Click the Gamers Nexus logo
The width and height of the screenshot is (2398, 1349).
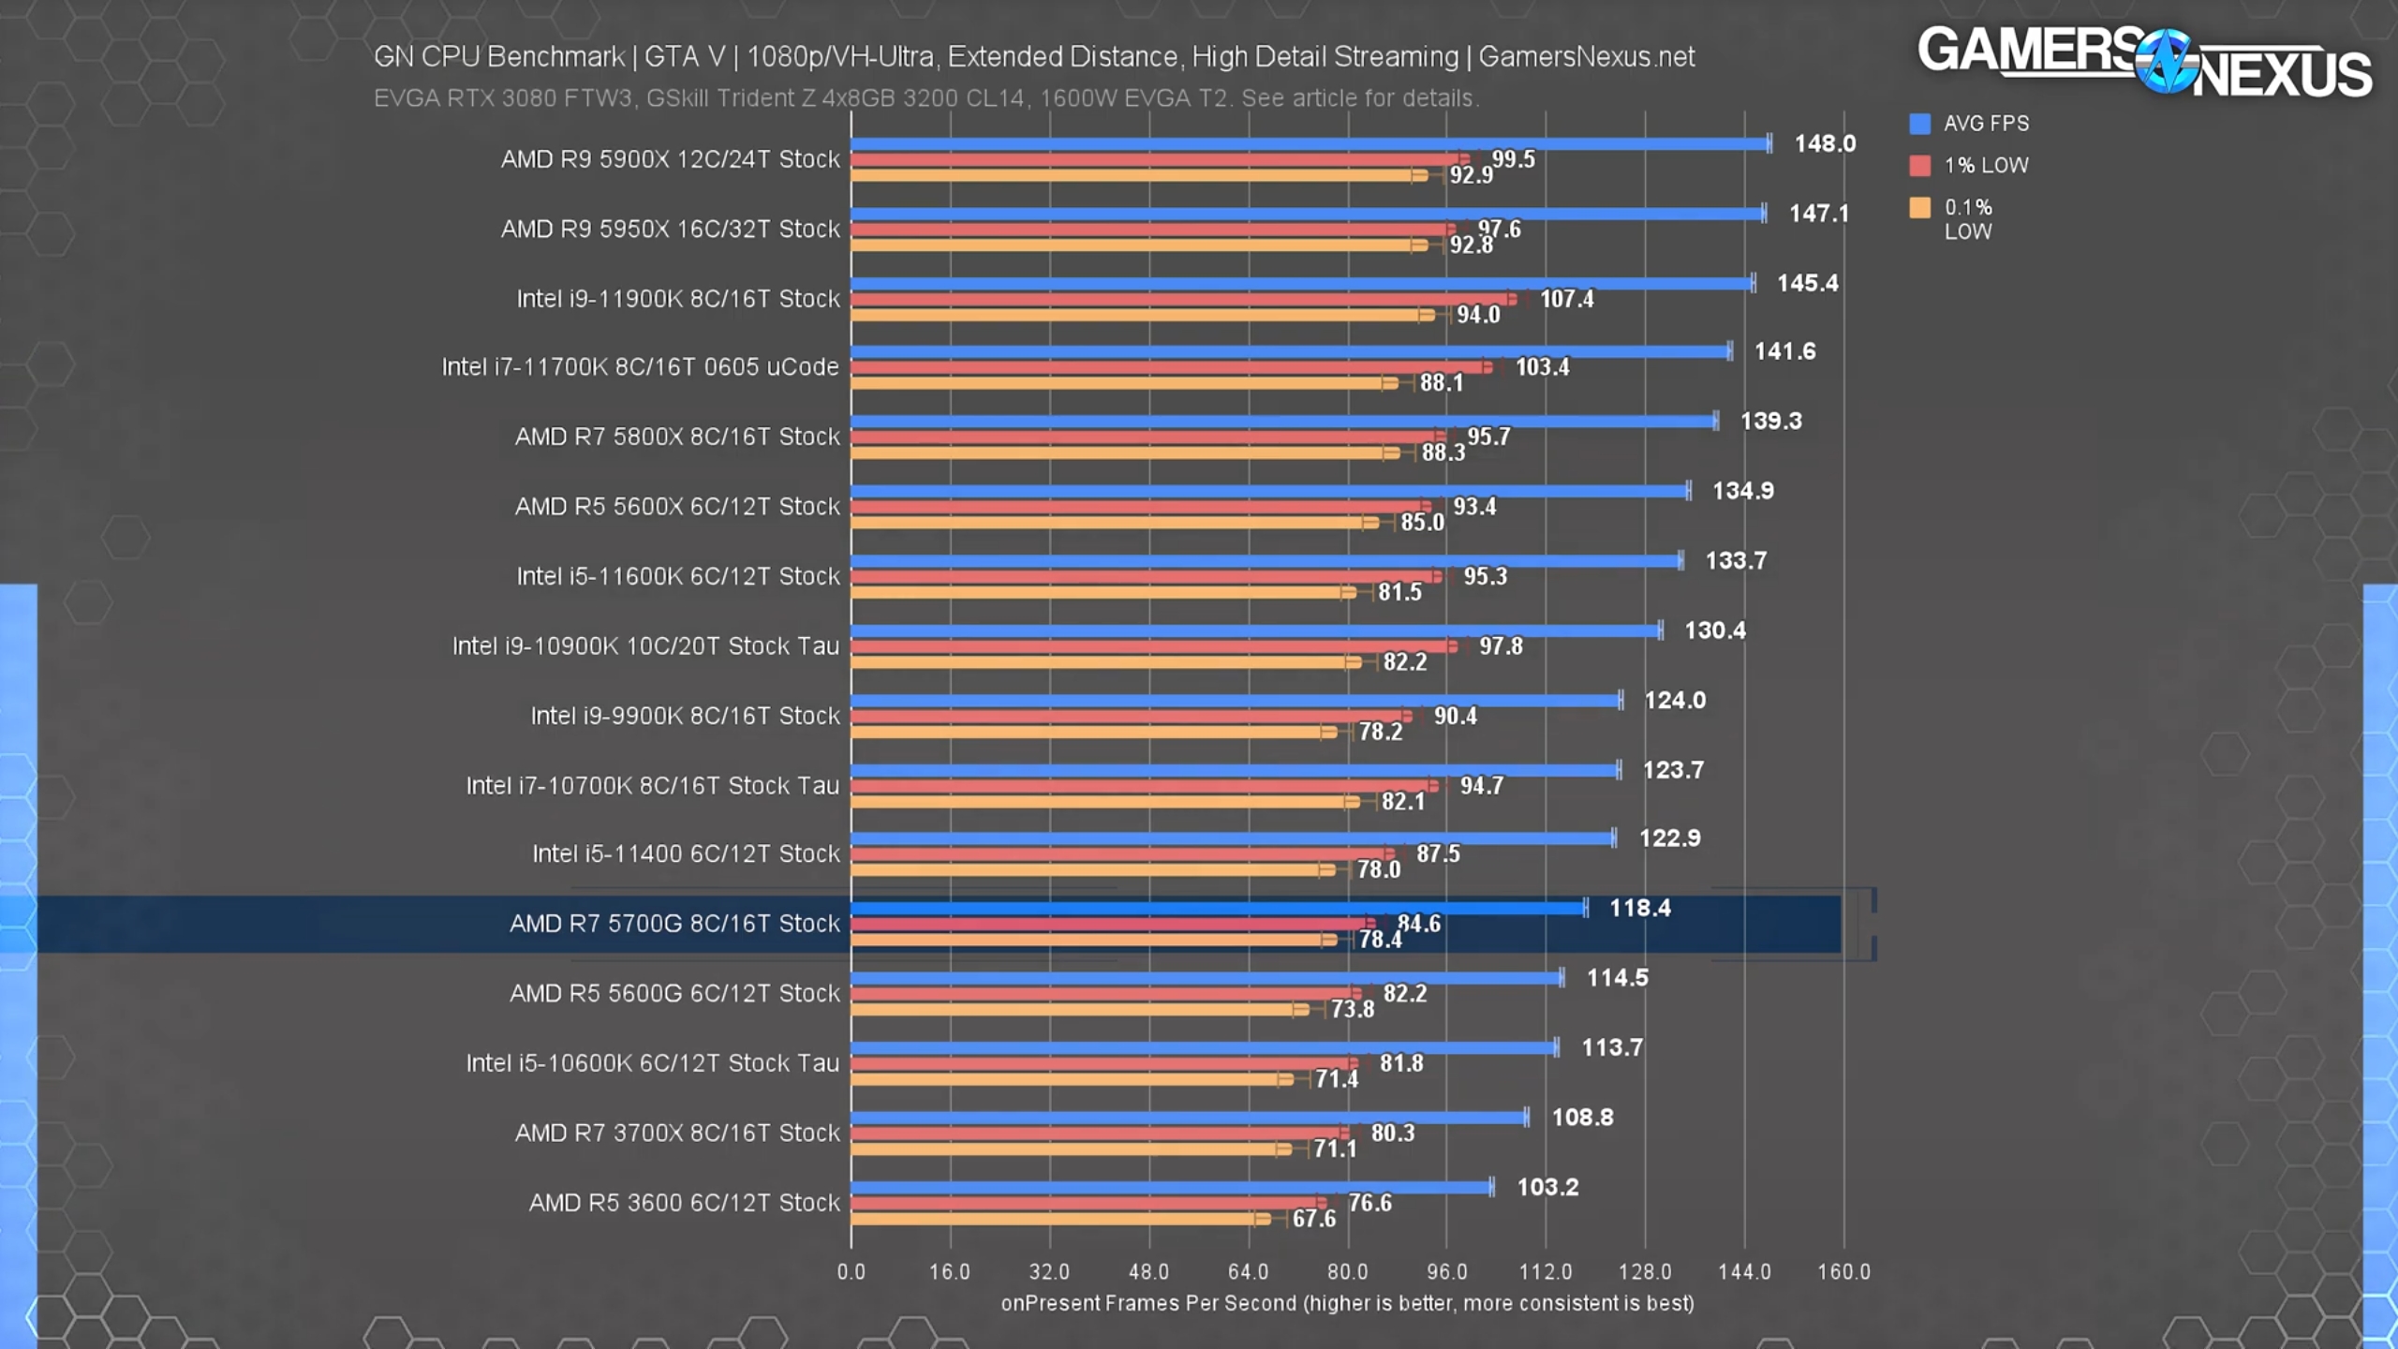tap(2143, 62)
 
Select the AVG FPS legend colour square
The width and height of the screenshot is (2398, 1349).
tap(1919, 124)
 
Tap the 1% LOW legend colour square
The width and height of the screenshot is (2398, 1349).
tap(1919, 166)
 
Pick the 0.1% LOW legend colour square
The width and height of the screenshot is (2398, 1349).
tap(1919, 208)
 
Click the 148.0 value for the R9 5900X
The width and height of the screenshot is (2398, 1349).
tap(1824, 143)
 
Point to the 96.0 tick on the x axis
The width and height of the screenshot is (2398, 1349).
tap(1446, 1271)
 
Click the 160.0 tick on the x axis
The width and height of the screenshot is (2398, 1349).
tap(1843, 1271)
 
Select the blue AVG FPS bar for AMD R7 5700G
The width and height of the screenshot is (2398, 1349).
tap(1218, 908)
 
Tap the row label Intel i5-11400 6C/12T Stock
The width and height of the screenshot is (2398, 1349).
tap(686, 853)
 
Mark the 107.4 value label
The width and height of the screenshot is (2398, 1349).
tap(1566, 299)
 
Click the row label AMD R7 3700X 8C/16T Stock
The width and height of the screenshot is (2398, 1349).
tap(677, 1133)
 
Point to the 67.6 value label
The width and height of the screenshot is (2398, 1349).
tap(1313, 1219)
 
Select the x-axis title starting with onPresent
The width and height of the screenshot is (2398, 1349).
tap(1347, 1303)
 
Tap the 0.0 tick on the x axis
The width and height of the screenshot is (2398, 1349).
tap(851, 1271)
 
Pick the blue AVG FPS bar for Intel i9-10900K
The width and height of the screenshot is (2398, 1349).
tap(1255, 630)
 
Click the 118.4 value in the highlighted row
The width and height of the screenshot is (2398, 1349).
tap(1639, 908)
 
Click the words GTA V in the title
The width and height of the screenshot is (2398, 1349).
tap(684, 57)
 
